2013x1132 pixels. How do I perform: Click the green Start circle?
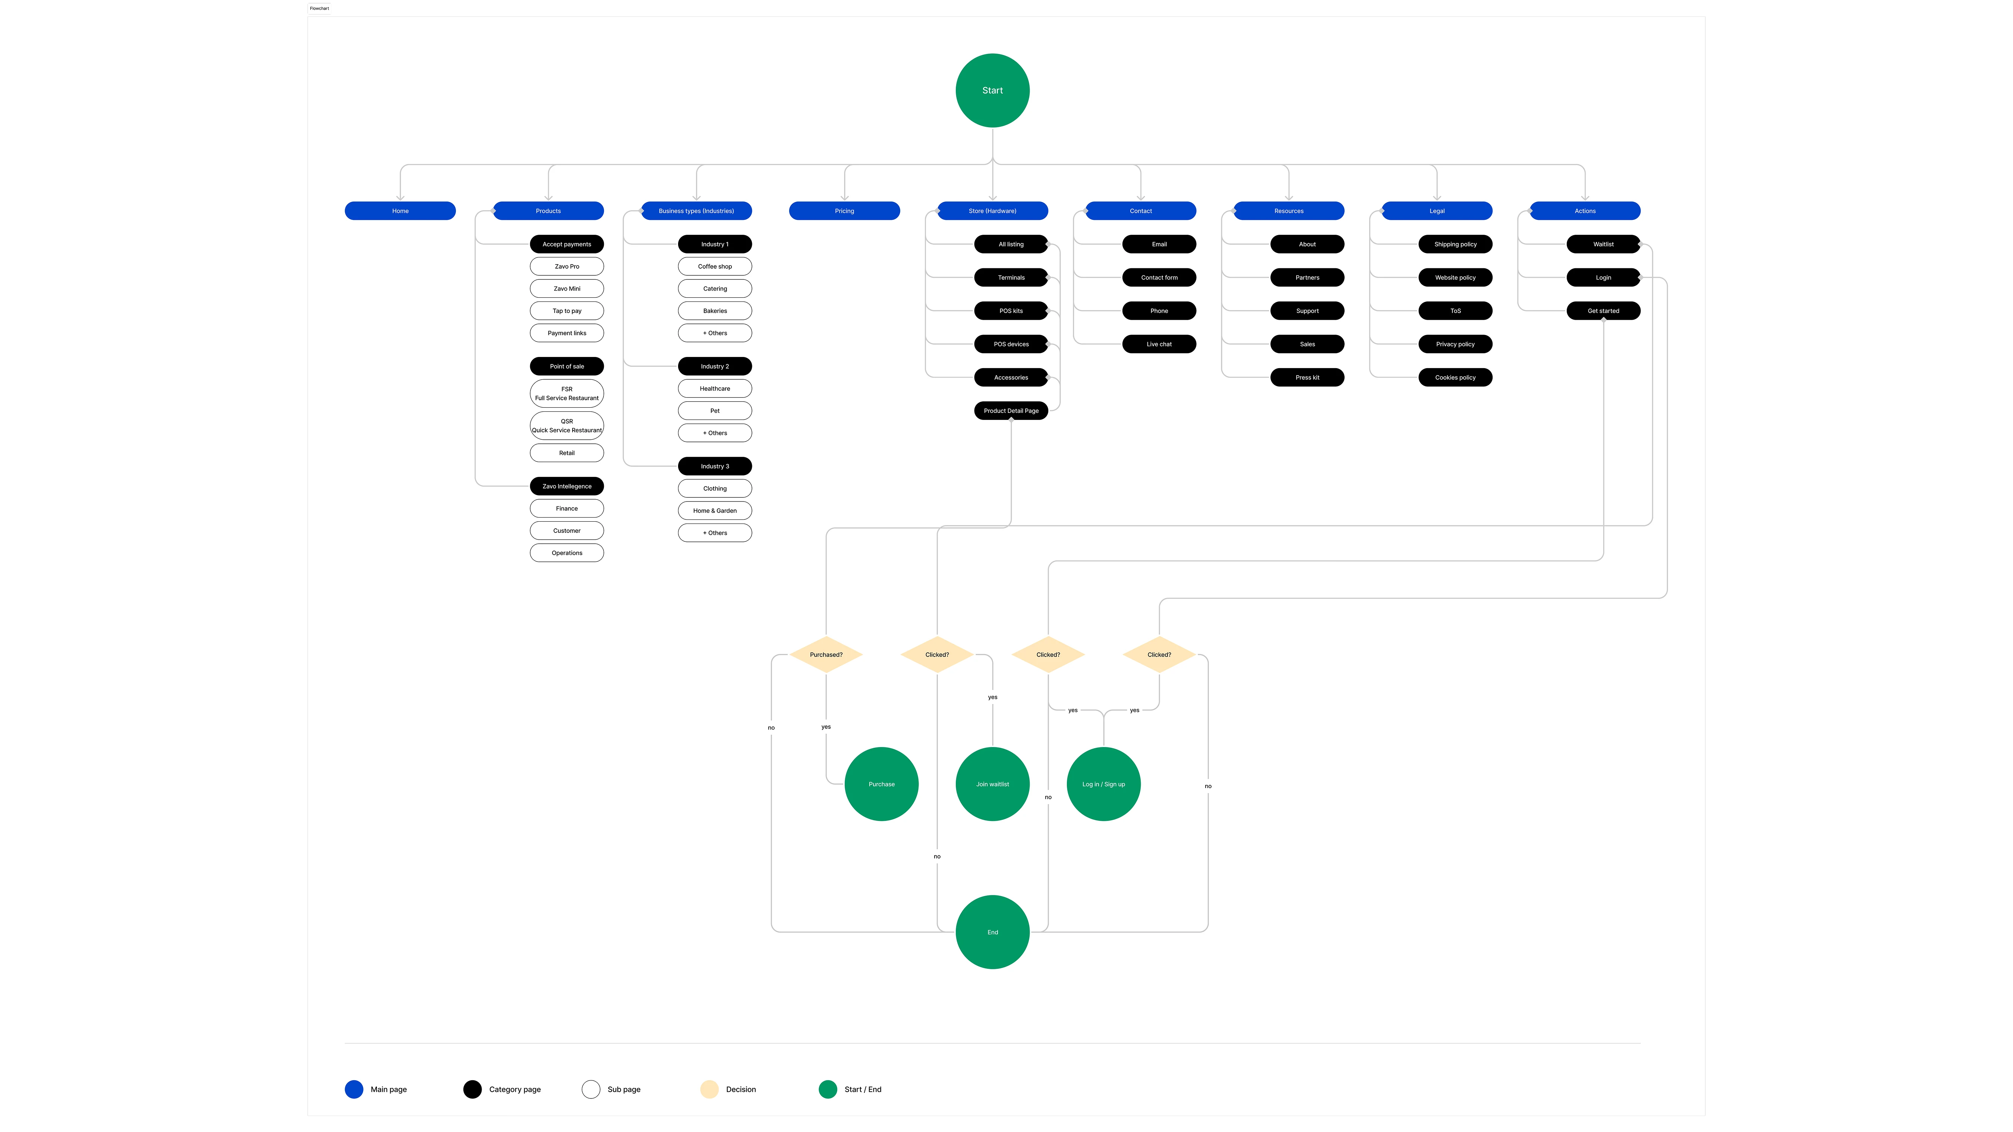992,91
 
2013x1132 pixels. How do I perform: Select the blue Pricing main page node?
844,211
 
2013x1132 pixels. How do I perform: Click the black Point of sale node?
567,366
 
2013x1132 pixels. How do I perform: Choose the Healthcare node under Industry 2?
714,388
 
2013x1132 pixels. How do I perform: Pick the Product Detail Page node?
1010,411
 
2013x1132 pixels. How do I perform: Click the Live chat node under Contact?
1159,345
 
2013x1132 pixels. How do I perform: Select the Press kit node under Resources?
1307,377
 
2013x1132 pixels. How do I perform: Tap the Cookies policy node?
1455,377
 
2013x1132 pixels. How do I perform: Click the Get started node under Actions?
1603,311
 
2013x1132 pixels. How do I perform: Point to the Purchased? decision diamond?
826,655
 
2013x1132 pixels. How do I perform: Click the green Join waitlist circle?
992,784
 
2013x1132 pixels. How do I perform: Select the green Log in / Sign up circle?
1103,784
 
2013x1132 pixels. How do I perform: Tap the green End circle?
992,932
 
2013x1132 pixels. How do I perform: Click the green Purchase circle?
882,784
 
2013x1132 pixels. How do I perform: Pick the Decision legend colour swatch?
709,1089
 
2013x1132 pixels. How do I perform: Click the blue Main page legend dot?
354,1089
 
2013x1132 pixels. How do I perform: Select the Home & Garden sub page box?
714,511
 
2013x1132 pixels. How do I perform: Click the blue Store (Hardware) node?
992,211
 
